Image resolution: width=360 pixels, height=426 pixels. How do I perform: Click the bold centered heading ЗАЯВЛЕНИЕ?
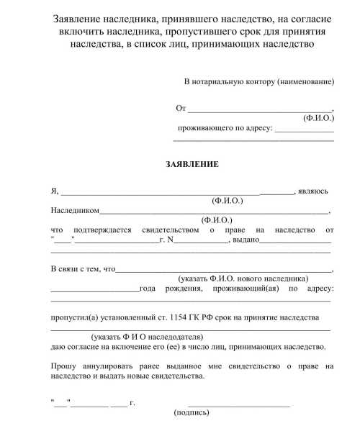click(192, 164)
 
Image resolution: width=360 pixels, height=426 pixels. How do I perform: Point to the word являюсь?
click(313, 191)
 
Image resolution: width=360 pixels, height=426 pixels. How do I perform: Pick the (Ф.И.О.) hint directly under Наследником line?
click(217, 220)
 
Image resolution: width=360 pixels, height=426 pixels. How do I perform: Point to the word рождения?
click(179, 289)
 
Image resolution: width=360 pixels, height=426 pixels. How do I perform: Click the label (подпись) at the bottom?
click(192, 413)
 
